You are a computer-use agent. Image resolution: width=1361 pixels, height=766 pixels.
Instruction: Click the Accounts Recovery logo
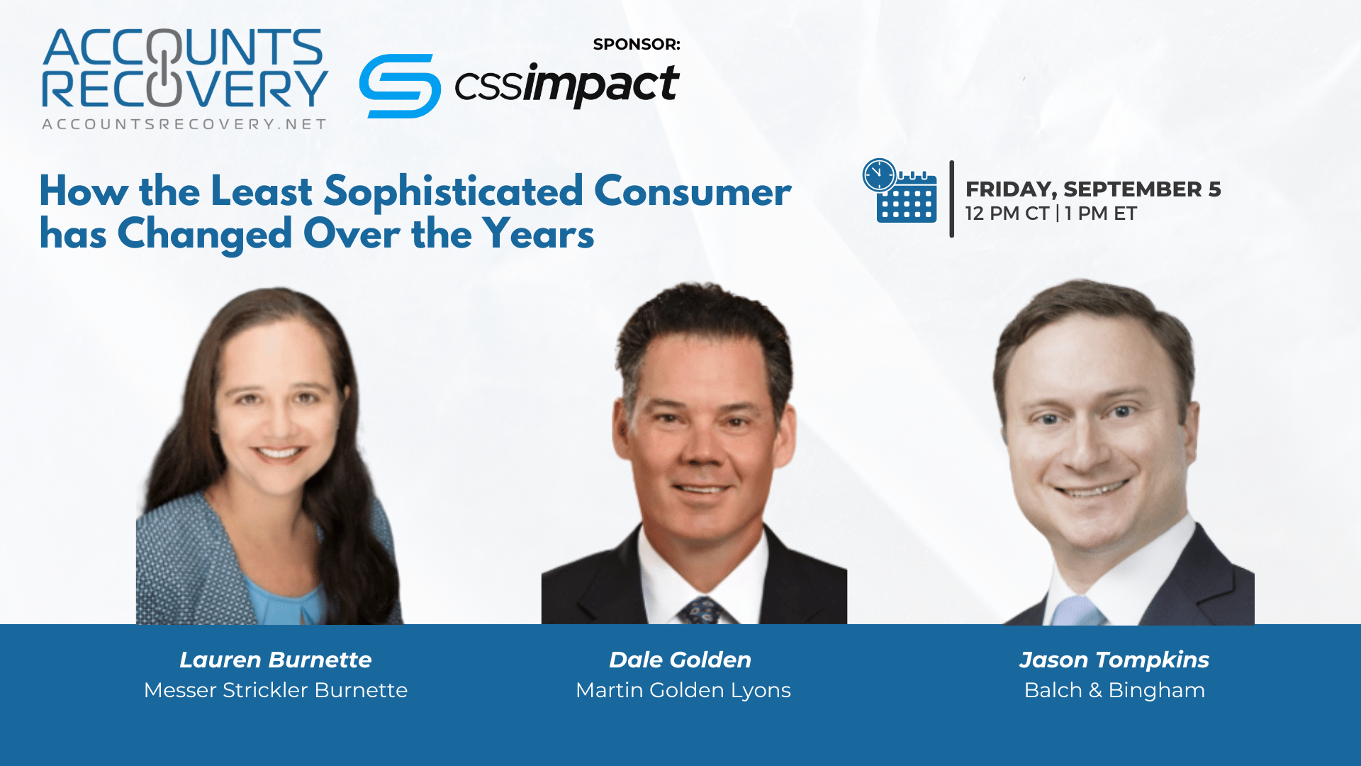click(184, 79)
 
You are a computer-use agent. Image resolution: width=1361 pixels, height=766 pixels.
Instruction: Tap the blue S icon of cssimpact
click(400, 86)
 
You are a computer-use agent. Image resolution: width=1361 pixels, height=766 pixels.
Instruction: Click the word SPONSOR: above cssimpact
click(637, 44)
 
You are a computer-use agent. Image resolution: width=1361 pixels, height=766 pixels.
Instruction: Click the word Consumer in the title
click(693, 191)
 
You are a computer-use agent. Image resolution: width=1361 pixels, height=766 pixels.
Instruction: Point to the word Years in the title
click(538, 234)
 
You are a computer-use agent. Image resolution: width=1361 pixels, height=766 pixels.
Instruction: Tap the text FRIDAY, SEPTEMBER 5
click(1093, 189)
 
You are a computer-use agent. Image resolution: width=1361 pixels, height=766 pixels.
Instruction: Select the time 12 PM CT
click(1007, 213)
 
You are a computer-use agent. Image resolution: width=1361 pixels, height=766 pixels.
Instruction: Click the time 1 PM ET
click(1101, 213)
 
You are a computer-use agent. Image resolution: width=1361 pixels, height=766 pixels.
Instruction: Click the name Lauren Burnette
click(276, 660)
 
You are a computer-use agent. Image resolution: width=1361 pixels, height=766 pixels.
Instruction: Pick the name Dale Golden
click(680, 660)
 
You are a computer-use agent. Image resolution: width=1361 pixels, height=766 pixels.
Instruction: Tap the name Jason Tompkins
click(1114, 660)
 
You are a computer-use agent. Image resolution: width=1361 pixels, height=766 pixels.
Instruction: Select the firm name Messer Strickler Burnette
click(276, 690)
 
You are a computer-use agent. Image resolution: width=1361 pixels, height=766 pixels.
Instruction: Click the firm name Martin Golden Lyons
click(683, 690)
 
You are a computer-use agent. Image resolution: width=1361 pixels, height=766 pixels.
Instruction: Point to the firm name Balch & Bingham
click(1114, 690)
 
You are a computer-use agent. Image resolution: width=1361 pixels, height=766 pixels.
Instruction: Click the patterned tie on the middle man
click(701, 611)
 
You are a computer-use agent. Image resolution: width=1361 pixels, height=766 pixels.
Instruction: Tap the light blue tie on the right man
click(1075, 611)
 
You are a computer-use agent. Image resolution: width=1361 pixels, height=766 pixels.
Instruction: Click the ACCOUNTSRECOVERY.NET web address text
click(184, 124)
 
